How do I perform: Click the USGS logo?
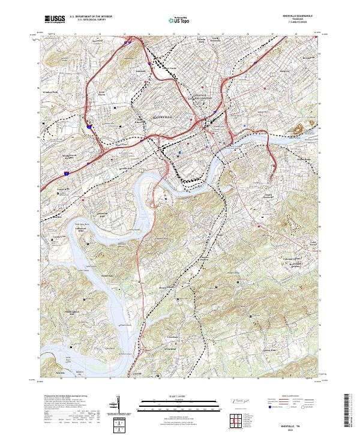pos(55,19)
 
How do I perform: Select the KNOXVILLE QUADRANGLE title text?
pos(298,16)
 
